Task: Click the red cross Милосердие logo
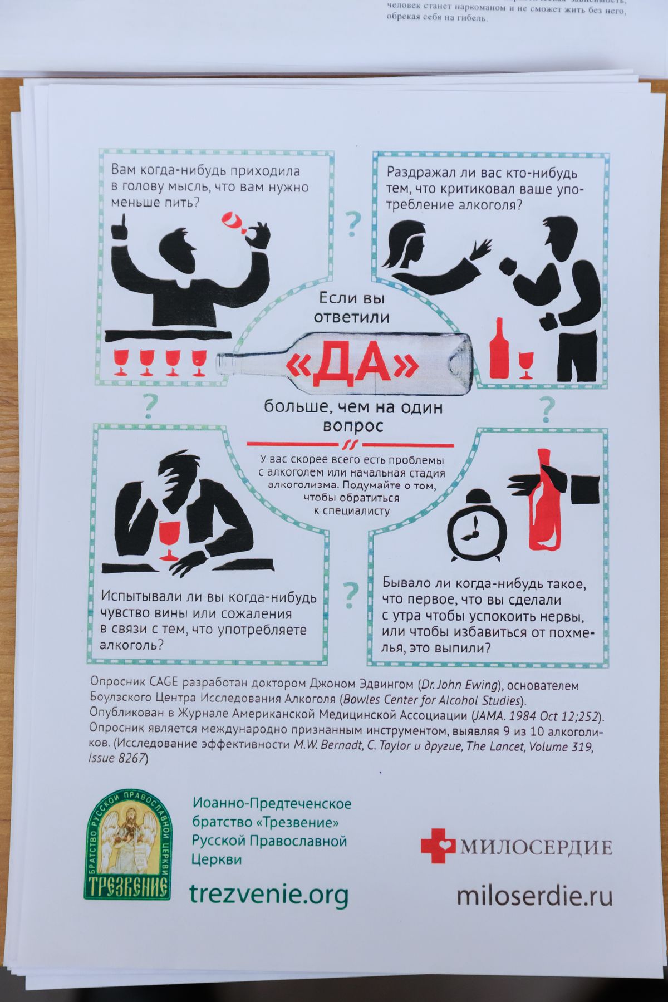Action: tap(438, 846)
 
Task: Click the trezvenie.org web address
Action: tap(269, 895)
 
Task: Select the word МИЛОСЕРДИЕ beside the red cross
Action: tap(536, 847)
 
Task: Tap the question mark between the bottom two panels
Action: tap(351, 595)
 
